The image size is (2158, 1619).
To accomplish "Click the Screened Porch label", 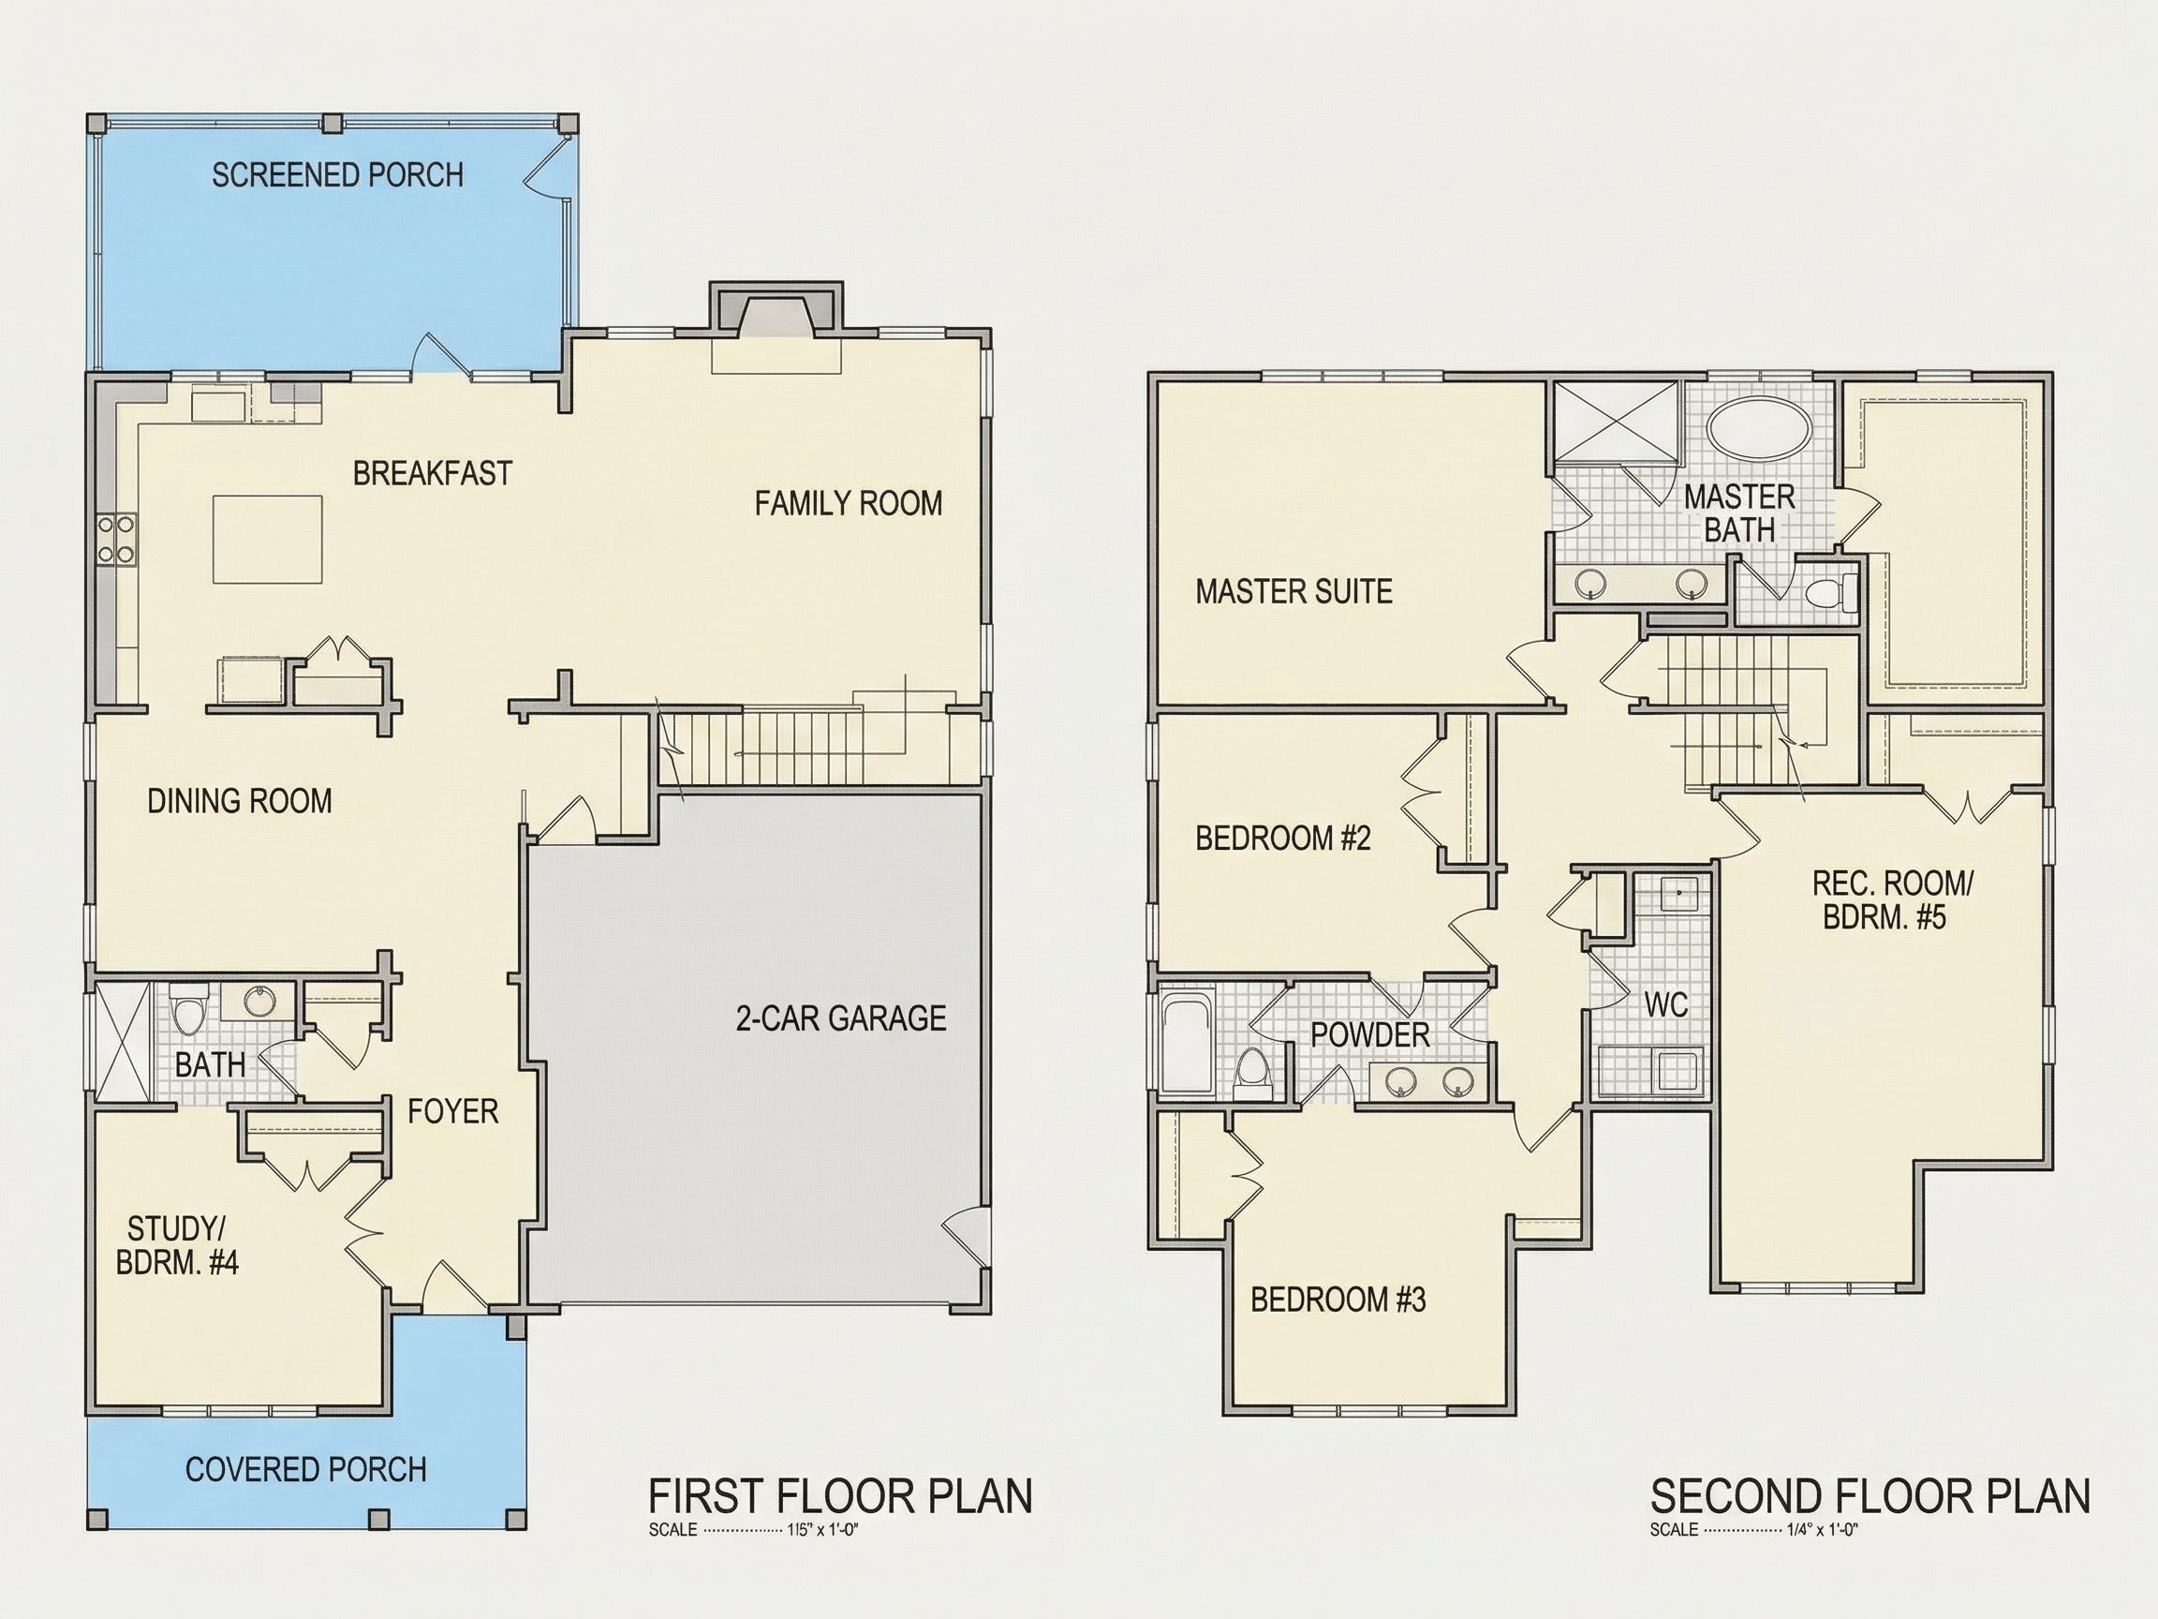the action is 337,174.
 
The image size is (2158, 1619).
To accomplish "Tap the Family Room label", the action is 849,503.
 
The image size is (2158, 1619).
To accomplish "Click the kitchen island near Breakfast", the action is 268,540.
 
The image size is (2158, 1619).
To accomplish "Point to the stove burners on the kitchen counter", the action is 116,539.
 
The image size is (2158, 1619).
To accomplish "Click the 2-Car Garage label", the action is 841,1018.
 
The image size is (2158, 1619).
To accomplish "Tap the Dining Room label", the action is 240,801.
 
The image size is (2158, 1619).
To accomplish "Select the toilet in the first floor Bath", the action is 189,1009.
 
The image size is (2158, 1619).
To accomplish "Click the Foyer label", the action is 452,1110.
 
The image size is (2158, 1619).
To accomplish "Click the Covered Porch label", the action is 306,1470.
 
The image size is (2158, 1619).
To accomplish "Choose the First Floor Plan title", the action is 840,1497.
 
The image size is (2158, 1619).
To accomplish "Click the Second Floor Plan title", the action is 1870,1497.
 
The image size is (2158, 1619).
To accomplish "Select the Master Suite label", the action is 1293,591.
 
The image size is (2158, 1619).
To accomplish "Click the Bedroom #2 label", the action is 1283,839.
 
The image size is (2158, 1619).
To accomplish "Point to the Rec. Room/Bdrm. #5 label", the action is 1885,899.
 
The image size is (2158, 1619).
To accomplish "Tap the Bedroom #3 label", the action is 1338,1300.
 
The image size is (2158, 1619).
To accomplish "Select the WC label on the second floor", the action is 1665,1004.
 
